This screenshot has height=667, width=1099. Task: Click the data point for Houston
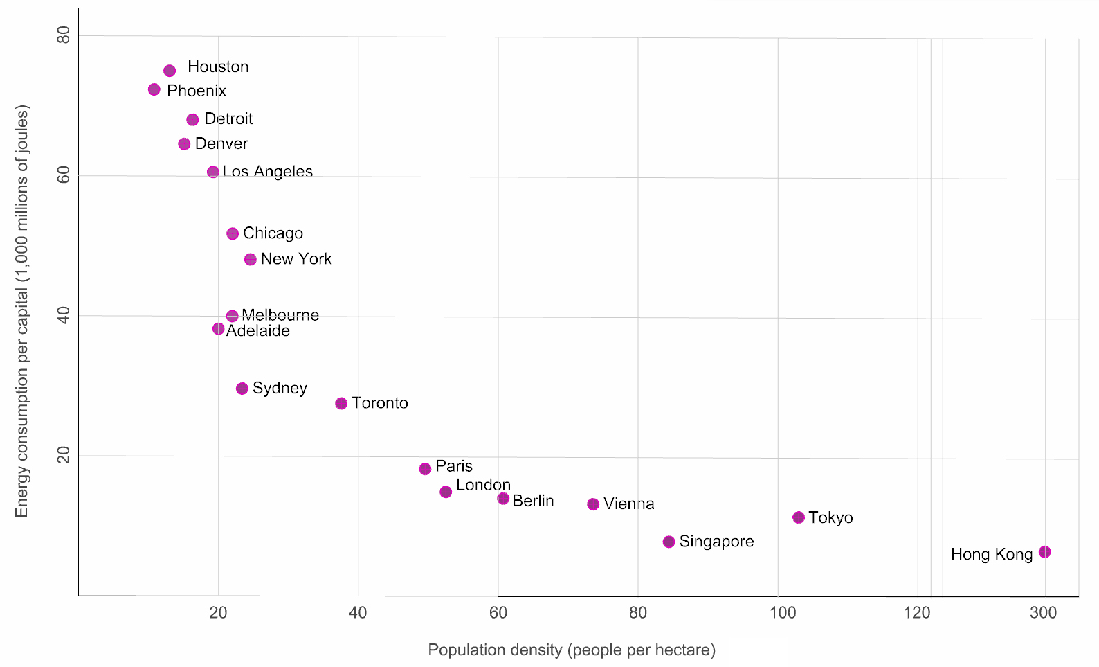170,71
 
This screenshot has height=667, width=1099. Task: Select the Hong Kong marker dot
1045,552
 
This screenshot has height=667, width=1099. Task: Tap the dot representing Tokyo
799,517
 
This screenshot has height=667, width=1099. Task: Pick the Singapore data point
669,542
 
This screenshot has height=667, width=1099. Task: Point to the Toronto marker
341,403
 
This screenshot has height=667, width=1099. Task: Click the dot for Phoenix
154,89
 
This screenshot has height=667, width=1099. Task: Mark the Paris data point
425,469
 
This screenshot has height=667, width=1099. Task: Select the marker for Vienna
593,504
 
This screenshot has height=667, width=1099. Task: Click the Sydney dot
242,389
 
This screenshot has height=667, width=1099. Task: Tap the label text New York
296,259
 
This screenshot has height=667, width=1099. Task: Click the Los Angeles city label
268,172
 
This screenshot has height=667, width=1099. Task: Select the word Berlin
533,501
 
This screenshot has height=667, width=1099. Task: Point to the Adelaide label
258,331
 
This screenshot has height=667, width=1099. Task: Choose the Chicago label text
273,233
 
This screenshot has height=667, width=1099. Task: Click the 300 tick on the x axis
1044,612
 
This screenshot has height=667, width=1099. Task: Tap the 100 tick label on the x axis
783,612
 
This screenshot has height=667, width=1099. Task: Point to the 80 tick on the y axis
64,35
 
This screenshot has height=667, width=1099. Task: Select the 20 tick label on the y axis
64,455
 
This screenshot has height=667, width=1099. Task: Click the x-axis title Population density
572,650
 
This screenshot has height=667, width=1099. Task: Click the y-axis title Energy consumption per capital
22,311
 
